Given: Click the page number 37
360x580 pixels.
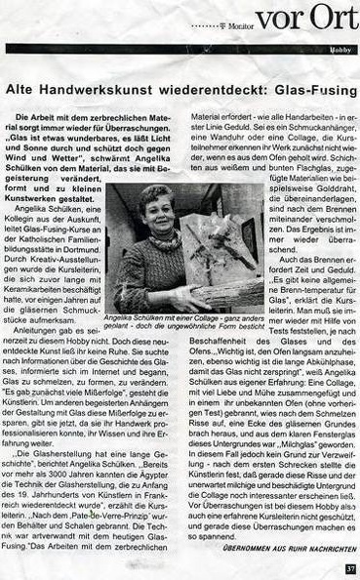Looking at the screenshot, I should [x=349, y=569].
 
